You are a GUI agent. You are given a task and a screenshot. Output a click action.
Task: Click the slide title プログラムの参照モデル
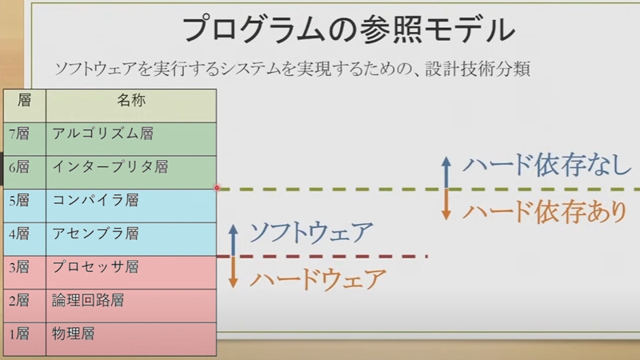coord(348,30)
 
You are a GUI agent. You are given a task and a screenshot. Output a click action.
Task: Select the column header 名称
coord(131,101)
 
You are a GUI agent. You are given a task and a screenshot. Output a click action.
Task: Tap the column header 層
coord(25,100)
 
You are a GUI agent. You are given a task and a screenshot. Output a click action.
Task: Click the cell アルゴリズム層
coord(103,134)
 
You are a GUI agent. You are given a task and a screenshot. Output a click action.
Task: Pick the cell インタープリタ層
coord(110,167)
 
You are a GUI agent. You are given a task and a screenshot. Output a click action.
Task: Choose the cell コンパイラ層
coord(95,201)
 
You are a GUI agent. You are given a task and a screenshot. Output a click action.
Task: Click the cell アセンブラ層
coord(95,234)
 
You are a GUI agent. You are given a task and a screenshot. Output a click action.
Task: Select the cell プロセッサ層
coord(95,267)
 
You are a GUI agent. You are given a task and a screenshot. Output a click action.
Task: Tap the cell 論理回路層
coord(88,301)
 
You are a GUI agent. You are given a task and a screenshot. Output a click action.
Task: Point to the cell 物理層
coord(74,334)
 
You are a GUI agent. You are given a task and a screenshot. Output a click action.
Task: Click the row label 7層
coord(19,134)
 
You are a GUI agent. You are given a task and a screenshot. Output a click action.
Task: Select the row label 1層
coord(19,334)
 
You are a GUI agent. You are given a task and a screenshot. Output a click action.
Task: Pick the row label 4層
coord(19,234)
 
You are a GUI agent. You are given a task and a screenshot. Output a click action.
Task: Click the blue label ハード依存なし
coord(547,166)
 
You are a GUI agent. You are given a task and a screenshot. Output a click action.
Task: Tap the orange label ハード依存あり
coord(545,212)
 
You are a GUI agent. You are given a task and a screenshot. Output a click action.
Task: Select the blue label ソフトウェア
coord(311,233)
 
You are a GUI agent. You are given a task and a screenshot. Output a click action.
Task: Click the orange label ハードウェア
coord(318,279)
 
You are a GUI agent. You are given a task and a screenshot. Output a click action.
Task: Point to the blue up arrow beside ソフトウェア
coord(233,241)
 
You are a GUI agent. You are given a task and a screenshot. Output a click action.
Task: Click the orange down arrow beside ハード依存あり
coord(446,205)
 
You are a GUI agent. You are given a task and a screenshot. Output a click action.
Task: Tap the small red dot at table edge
coord(217,188)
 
